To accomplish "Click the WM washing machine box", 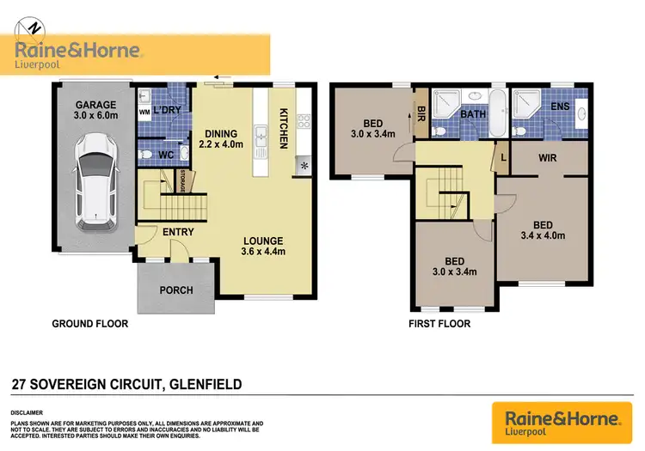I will click(144, 113).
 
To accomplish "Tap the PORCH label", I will click(175, 289).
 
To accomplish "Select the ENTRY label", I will click(177, 232).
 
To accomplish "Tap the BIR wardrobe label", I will click(421, 112).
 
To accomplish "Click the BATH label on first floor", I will click(473, 113).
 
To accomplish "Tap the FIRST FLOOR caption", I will click(440, 324).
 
